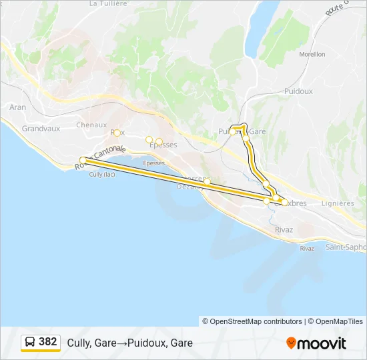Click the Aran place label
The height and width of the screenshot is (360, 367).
click(18, 107)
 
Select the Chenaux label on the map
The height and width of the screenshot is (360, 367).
click(91, 125)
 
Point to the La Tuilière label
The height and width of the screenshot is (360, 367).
click(107, 3)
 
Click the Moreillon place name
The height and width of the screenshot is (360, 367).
click(312, 54)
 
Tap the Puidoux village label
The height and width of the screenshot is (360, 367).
click(298, 91)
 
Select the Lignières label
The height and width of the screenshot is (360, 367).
click(338, 203)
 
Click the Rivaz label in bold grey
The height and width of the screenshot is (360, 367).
click(284, 230)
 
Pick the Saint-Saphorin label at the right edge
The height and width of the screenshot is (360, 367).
click(346, 247)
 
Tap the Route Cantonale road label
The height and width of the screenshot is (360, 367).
click(97, 160)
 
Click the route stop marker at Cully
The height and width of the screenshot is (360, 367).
click(83, 160)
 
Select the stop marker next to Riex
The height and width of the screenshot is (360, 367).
click(117, 133)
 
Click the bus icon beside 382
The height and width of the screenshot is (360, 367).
click(30, 342)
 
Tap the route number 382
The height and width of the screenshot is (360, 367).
click(48, 342)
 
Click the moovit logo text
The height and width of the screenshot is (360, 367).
click(322, 343)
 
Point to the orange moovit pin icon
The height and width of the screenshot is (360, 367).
click(291, 343)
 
